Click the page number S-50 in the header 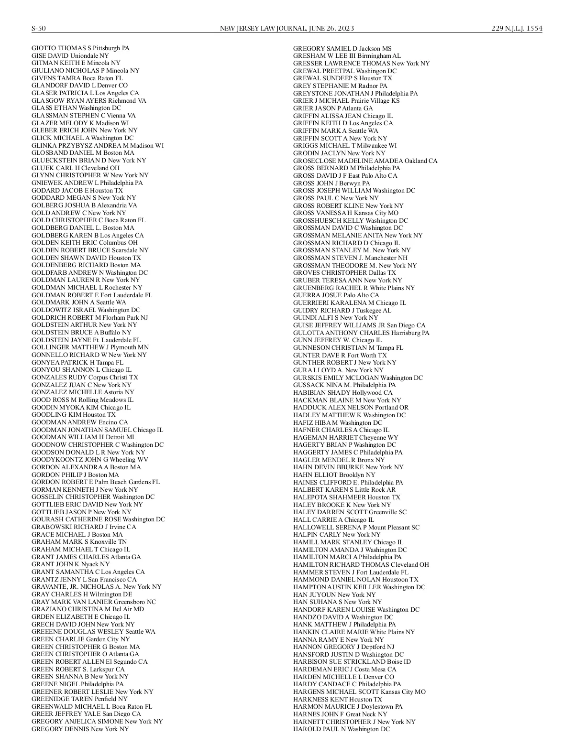(39, 28)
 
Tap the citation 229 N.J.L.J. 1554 (517, 28)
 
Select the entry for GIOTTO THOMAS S (80, 48)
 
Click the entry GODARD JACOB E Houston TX (77, 190)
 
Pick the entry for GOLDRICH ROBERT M (89, 317)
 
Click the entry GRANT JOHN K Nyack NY (70, 564)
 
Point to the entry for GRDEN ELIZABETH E (80, 616)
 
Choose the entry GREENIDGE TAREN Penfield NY (79, 699)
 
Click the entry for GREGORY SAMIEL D (342, 48)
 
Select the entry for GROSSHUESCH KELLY (351, 220)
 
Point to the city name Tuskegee (368, 310)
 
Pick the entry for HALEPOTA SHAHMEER (347, 497)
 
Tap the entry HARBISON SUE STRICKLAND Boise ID (352, 661)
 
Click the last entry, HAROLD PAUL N (341, 729)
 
